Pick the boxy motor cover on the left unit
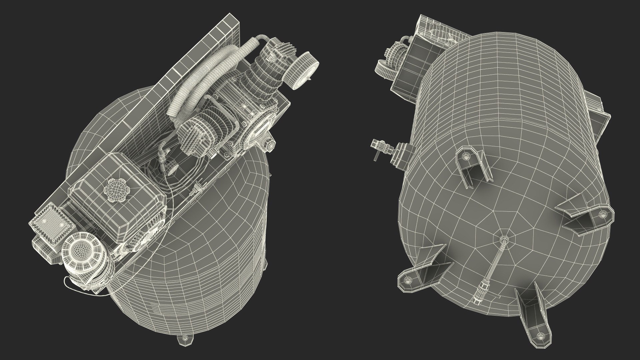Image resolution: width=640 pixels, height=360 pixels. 117,197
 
